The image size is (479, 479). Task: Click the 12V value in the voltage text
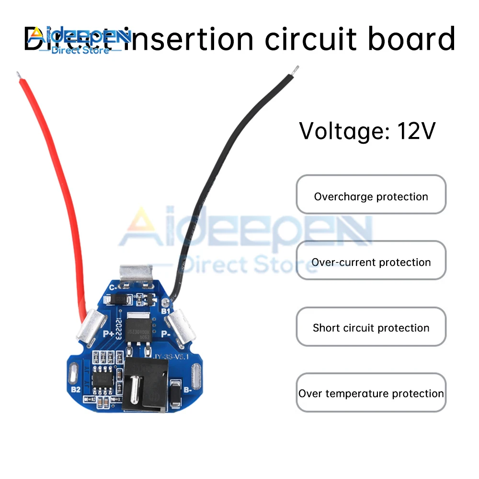[415, 130]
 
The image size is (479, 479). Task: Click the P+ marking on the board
[106, 334]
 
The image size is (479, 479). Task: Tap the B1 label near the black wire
[165, 311]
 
